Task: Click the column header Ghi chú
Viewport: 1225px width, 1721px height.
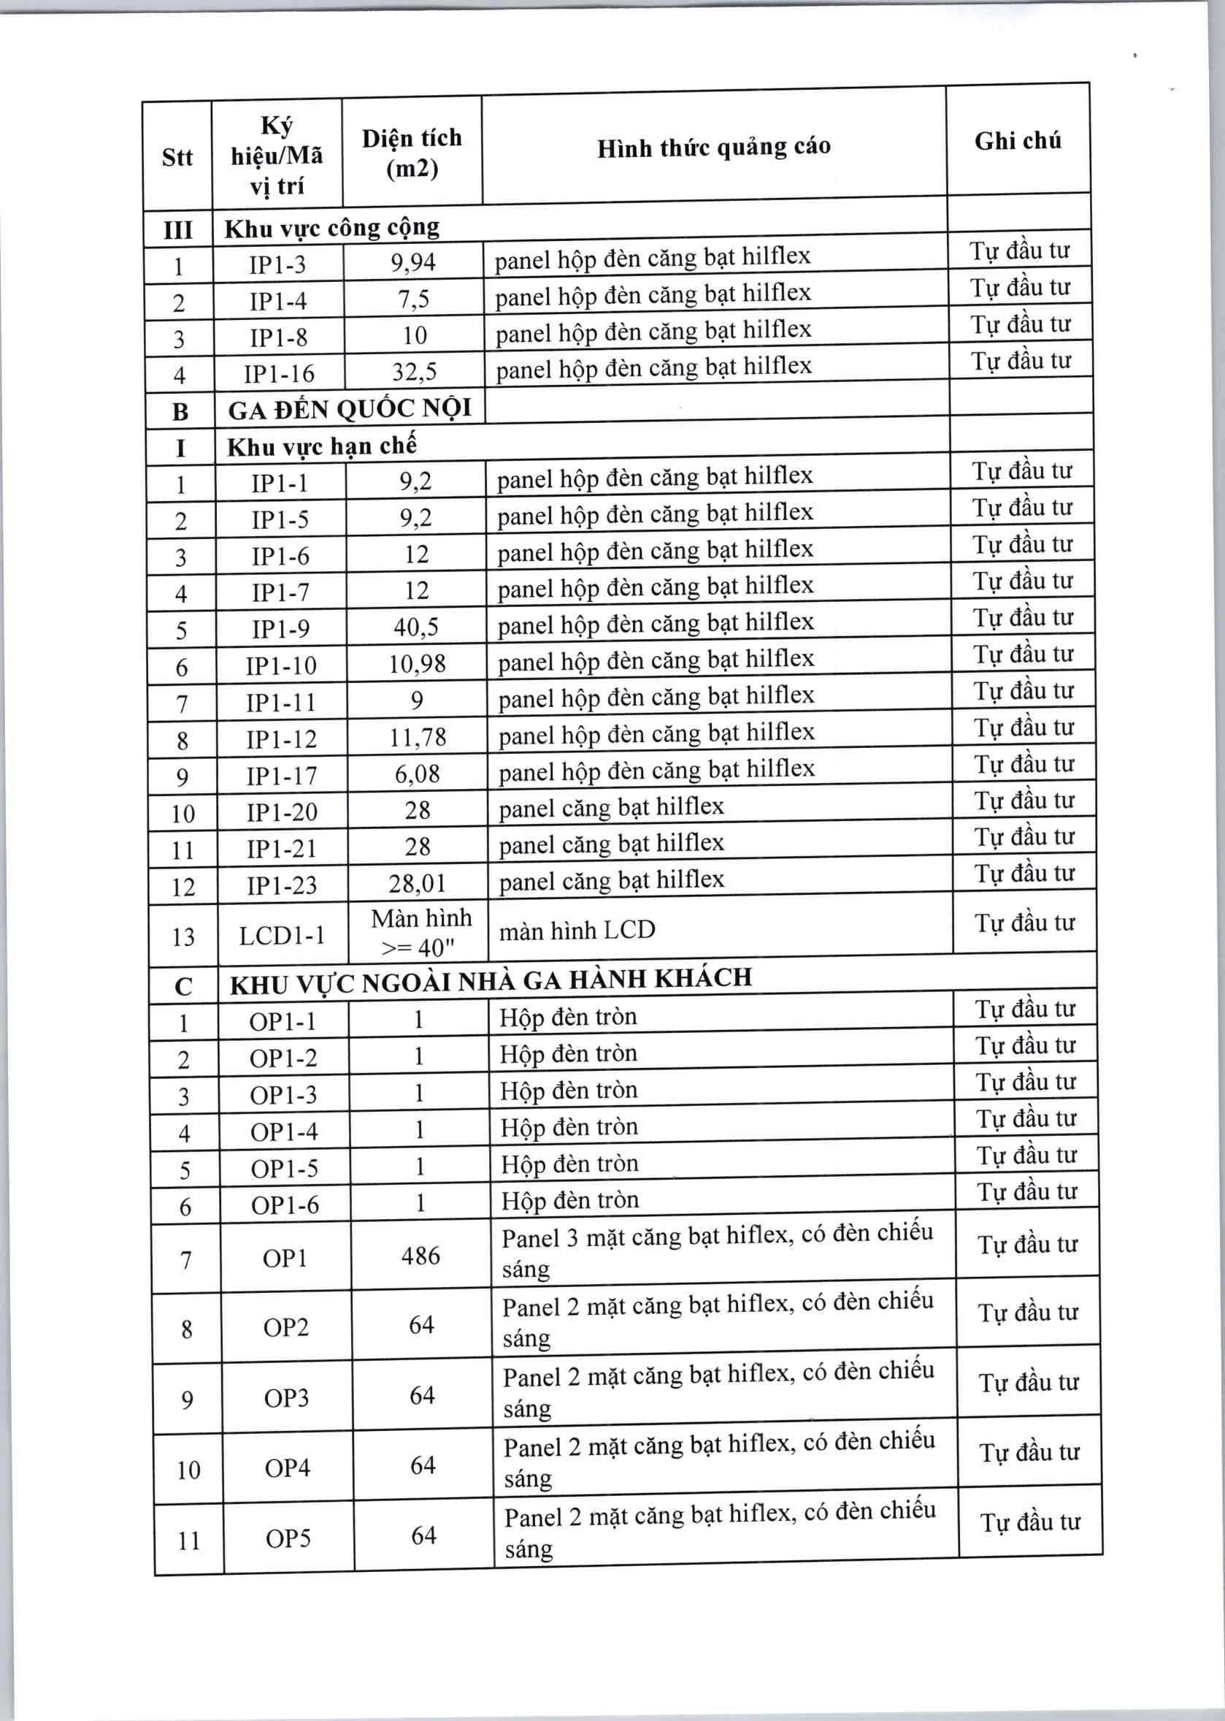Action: [1018, 141]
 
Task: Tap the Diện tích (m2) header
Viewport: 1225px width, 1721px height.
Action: [412, 153]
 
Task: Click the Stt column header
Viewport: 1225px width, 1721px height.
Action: [177, 157]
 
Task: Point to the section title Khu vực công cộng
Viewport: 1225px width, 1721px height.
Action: [332, 227]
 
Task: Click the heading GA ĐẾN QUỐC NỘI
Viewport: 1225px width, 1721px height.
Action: [350, 409]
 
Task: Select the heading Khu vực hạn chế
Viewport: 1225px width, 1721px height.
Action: [322, 446]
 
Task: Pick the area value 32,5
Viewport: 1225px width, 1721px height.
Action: [414, 371]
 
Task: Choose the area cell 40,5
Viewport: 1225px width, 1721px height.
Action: [415, 627]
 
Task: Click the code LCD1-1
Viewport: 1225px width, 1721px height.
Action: [282, 936]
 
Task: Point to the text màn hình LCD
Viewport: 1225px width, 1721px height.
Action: [577, 931]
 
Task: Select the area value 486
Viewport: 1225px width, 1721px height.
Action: [421, 1256]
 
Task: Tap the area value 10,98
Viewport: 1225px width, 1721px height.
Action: [417, 664]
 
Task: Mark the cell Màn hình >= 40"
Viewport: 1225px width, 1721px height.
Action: [421, 932]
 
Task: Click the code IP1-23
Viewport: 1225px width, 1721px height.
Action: [282, 885]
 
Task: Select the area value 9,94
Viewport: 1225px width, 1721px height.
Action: [412, 262]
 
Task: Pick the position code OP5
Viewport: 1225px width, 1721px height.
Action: [288, 1538]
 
